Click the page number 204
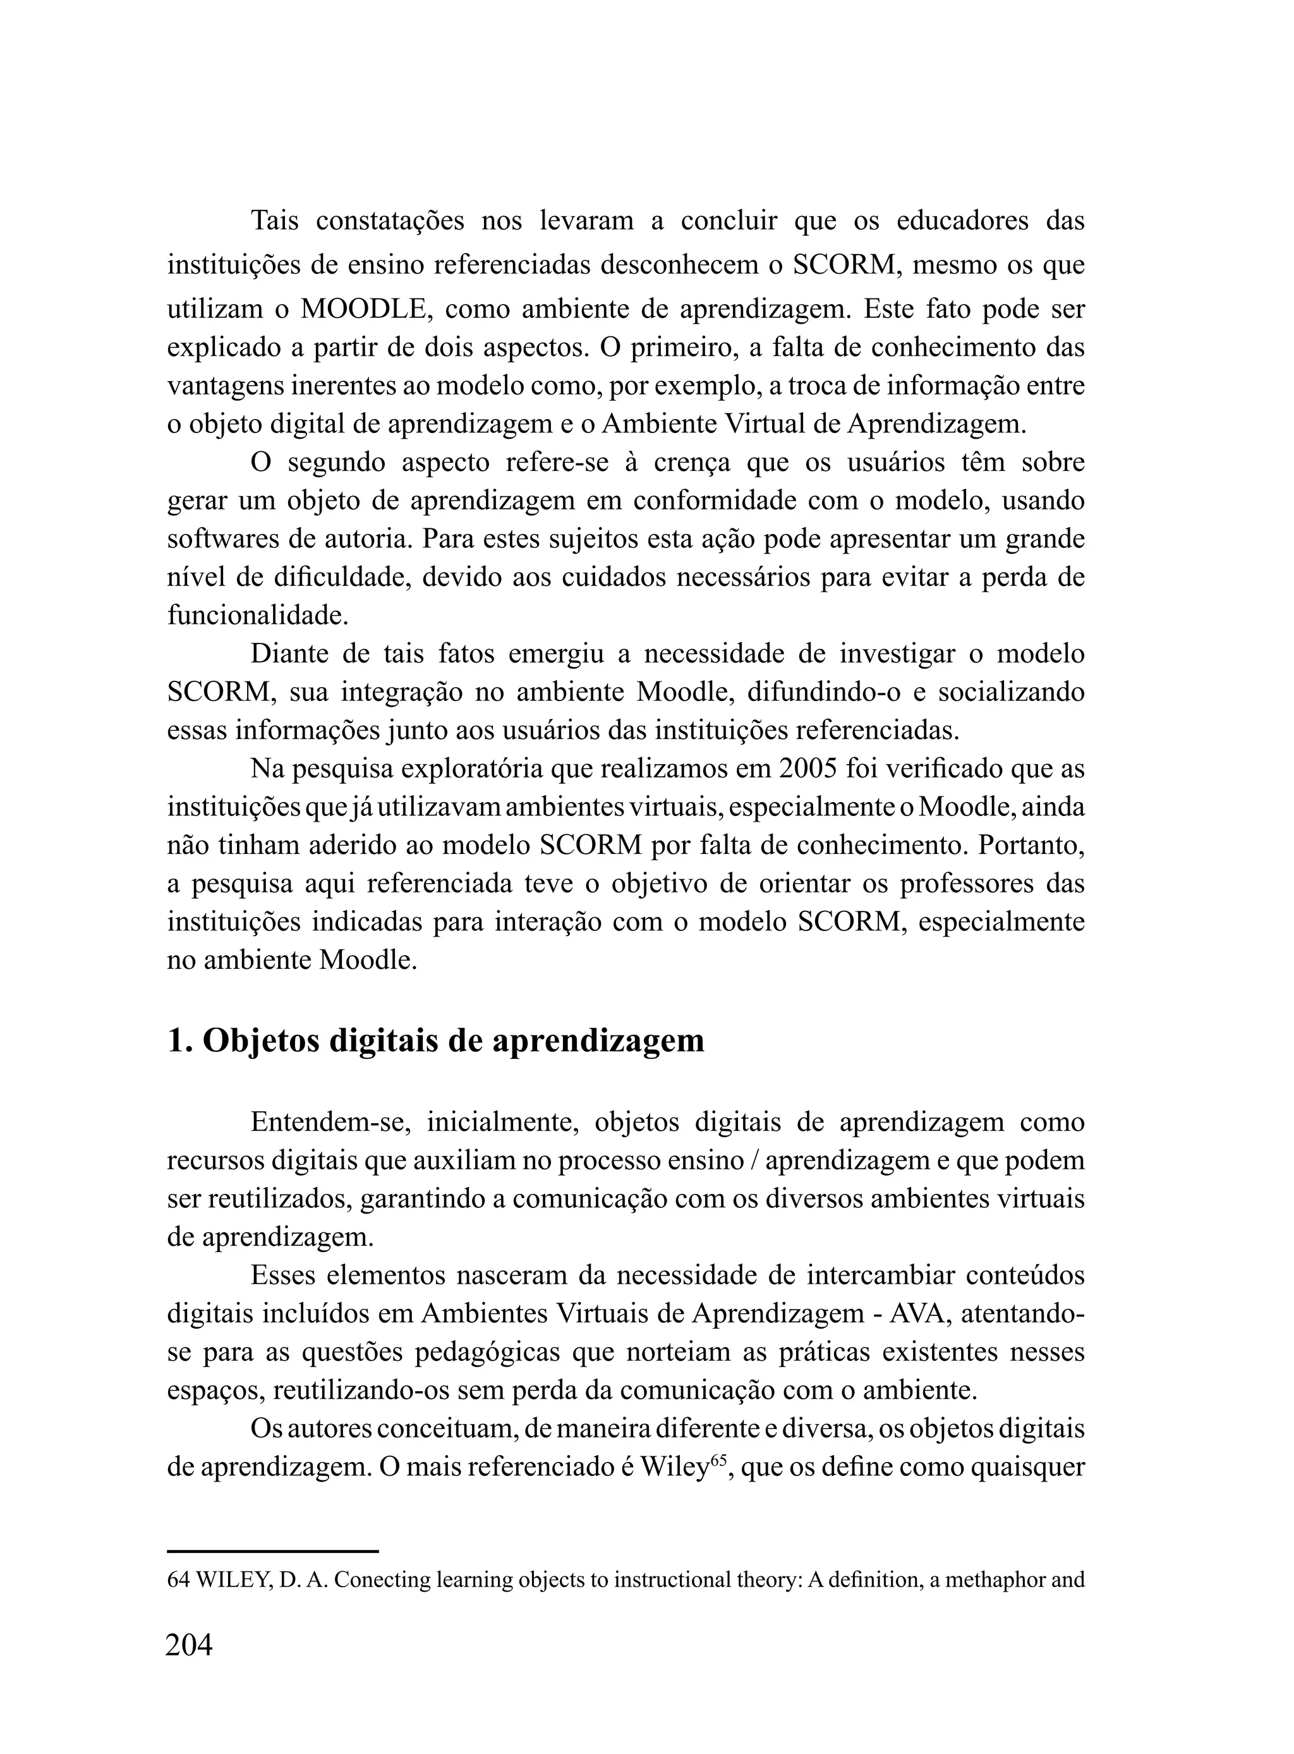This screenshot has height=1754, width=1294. [189, 1645]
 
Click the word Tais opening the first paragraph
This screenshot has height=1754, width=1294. [274, 221]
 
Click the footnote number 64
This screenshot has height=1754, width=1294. [179, 1580]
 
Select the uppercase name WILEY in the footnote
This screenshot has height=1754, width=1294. [232, 1580]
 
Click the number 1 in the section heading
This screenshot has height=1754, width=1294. [176, 1040]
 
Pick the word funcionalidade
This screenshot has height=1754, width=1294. [258, 615]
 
